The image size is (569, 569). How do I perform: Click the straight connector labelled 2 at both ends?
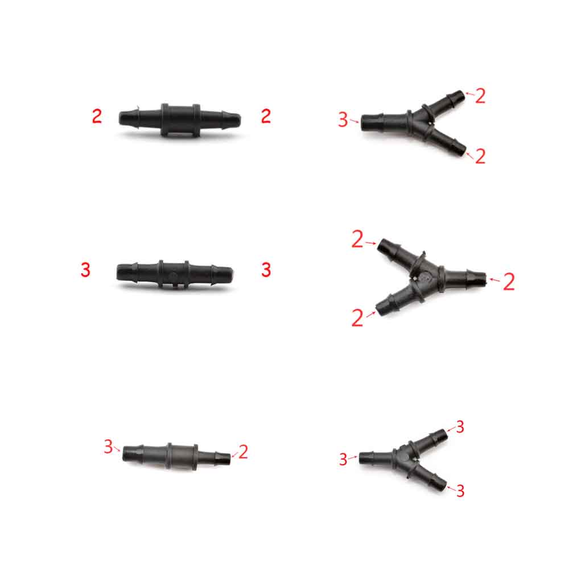pyautogui.click(x=180, y=120)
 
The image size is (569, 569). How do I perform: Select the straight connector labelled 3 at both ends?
pyautogui.click(x=175, y=274)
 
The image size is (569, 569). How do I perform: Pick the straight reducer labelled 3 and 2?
pyautogui.click(x=177, y=456)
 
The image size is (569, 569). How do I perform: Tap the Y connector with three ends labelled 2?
pyautogui.click(x=431, y=278)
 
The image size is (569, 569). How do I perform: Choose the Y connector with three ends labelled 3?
pyautogui.click(x=403, y=459)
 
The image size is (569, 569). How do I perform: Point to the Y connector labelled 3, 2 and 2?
pyautogui.click(x=413, y=123)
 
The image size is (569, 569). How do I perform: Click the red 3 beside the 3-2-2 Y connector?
pyautogui.click(x=343, y=119)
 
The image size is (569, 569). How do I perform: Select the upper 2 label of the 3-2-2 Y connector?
pyautogui.click(x=480, y=96)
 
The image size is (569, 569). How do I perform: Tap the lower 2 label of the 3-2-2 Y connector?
pyautogui.click(x=480, y=156)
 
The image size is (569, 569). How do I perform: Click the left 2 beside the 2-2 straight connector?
pyautogui.click(x=97, y=116)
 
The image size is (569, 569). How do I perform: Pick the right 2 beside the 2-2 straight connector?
pyautogui.click(x=266, y=116)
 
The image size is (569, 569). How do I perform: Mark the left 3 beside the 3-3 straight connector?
pyautogui.click(x=85, y=270)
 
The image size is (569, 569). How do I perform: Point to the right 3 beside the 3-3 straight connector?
pyautogui.click(x=266, y=270)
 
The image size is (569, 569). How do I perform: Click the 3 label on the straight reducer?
pyautogui.click(x=108, y=447)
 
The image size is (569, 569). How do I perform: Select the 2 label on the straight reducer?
pyautogui.click(x=243, y=452)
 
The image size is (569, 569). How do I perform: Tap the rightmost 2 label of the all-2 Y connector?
pyautogui.click(x=509, y=282)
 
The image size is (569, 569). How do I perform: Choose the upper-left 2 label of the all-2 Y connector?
pyautogui.click(x=357, y=240)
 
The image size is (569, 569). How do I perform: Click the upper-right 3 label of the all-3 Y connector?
pyautogui.click(x=460, y=427)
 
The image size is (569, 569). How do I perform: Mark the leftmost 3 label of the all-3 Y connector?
pyautogui.click(x=343, y=459)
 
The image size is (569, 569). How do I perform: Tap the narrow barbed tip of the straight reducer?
pyautogui.click(x=223, y=458)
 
